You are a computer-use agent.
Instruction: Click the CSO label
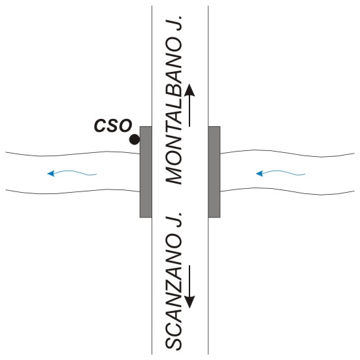[113, 125]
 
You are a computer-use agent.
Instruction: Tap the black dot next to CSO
[135, 139]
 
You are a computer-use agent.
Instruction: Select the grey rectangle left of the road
[146, 172]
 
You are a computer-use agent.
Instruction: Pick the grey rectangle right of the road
[214, 172]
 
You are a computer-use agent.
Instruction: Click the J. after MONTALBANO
[174, 24]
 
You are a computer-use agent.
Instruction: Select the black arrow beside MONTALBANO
[189, 105]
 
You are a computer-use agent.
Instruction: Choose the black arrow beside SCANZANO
[189, 287]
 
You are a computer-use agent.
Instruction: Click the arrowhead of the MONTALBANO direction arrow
[189, 90]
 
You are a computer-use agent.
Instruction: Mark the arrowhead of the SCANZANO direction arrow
[189, 302]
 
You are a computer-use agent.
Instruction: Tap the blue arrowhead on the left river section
[50, 174]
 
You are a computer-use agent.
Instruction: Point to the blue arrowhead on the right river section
[259, 174]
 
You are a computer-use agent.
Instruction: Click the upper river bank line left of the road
[73, 154]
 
